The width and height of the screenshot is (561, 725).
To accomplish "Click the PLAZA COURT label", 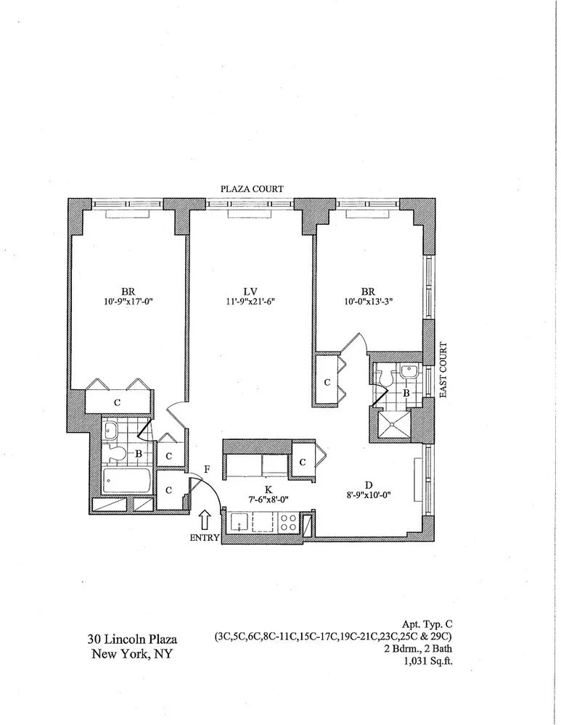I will pyautogui.click(x=252, y=188).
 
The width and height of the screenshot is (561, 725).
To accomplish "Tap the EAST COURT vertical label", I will pyautogui.click(x=444, y=370).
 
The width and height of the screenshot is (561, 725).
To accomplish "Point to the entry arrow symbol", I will pyautogui.click(x=205, y=520).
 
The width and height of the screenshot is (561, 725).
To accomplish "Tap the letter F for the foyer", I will pyautogui.click(x=207, y=469).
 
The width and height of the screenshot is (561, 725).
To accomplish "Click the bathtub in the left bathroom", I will pyautogui.click(x=128, y=479).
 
